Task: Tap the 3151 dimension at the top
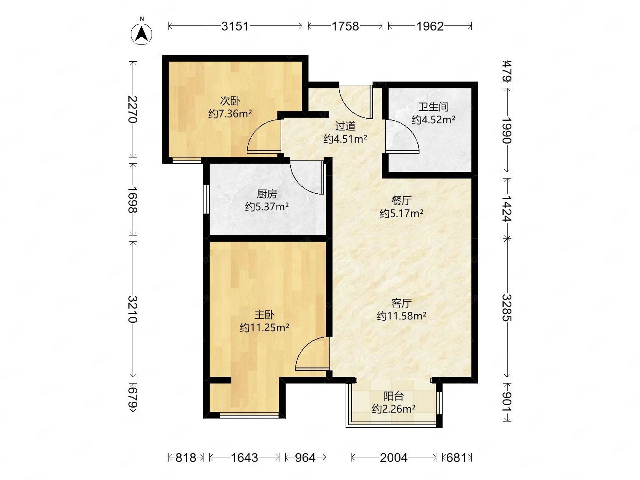(235, 26)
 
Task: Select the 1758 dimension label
(345, 26)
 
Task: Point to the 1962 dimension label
(430, 26)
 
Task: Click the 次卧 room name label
(230, 101)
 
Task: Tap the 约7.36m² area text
(230, 114)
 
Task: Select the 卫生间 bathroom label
(433, 107)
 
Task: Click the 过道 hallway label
(345, 126)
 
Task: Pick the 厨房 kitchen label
(267, 194)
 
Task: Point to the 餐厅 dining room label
(402, 201)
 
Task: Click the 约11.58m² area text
(402, 316)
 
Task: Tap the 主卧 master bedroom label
(265, 315)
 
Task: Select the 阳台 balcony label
(394, 396)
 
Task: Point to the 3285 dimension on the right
(507, 308)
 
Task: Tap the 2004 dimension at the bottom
(394, 458)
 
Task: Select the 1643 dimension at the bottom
(244, 458)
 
